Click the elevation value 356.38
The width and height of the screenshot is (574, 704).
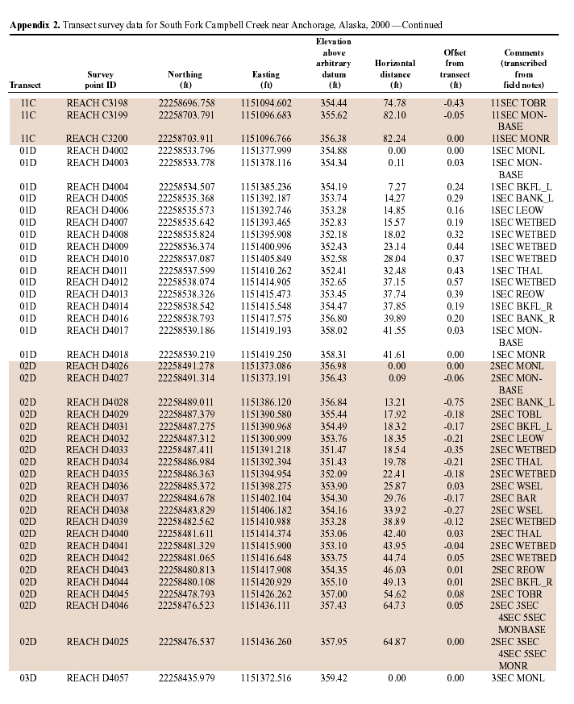tap(335, 138)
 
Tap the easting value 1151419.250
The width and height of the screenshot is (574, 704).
tap(266, 354)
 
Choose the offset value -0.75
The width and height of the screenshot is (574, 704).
tap(455, 402)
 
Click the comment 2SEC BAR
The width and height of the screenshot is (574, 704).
tap(514, 498)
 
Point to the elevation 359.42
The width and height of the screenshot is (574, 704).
tap(335, 678)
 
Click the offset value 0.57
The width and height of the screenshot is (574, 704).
tap(455, 282)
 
